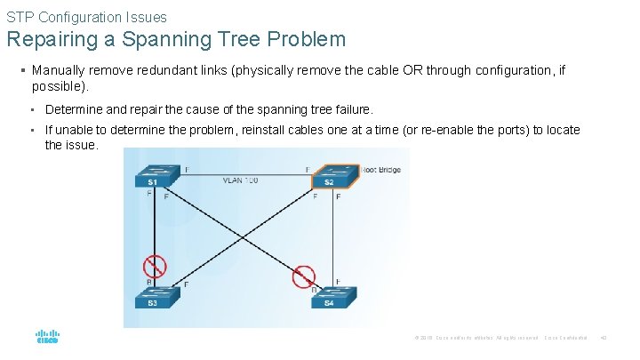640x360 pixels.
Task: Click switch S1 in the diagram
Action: pyautogui.click(x=154, y=175)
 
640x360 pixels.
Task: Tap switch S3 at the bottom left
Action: pyautogui.click(x=154, y=297)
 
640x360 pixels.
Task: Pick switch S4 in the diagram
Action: pyautogui.click(x=330, y=297)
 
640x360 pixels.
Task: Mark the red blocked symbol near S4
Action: pyautogui.click(x=304, y=276)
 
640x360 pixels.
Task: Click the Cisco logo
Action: pyautogui.click(x=46, y=339)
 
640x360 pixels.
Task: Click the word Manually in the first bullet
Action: pyautogui.click(x=58, y=69)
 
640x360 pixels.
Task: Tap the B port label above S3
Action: pyautogui.click(x=148, y=284)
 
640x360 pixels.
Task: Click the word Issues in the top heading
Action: pyautogui.click(x=146, y=17)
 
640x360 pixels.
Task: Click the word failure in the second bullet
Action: pyautogui.click(x=350, y=109)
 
